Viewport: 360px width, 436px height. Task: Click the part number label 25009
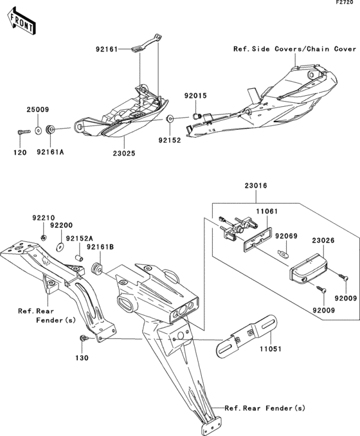pos(37,110)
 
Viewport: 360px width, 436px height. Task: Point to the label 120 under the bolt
pos(21,152)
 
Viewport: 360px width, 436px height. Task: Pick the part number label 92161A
pos(50,152)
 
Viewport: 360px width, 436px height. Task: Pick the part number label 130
pos(83,357)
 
